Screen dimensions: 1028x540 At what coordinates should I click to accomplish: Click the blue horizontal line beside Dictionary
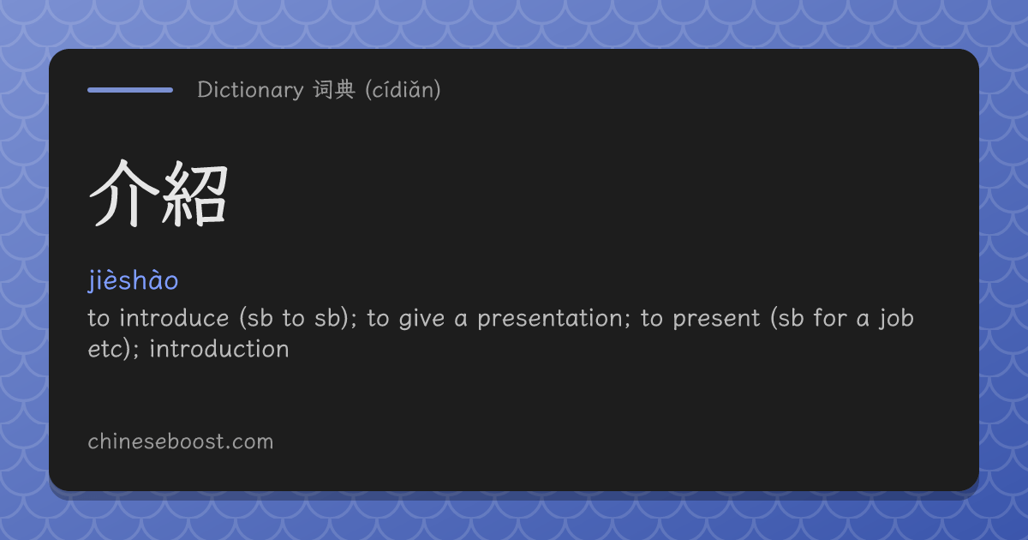tap(130, 90)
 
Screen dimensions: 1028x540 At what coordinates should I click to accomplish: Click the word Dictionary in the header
tap(250, 89)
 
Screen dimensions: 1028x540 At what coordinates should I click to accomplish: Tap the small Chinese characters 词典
tap(334, 89)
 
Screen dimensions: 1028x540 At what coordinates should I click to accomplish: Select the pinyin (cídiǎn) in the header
tap(403, 90)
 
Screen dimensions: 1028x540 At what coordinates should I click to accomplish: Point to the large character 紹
tap(194, 194)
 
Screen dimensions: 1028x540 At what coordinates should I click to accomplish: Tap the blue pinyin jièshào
tap(133, 280)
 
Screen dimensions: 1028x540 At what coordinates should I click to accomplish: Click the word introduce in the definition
tap(174, 318)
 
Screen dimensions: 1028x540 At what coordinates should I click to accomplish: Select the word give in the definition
tap(421, 319)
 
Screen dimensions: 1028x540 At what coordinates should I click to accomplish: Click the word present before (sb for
tap(716, 319)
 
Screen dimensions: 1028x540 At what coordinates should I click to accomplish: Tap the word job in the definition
tap(896, 319)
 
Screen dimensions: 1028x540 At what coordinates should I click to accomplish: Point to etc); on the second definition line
tap(113, 349)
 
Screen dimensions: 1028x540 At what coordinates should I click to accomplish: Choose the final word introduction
tap(219, 349)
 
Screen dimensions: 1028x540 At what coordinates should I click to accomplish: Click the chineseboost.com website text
tap(181, 441)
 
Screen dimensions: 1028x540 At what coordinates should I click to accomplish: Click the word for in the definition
tap(830, 318)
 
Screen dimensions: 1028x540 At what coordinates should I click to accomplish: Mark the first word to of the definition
tap(99, 319)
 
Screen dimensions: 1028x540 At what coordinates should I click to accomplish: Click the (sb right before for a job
tap(787, 318)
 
